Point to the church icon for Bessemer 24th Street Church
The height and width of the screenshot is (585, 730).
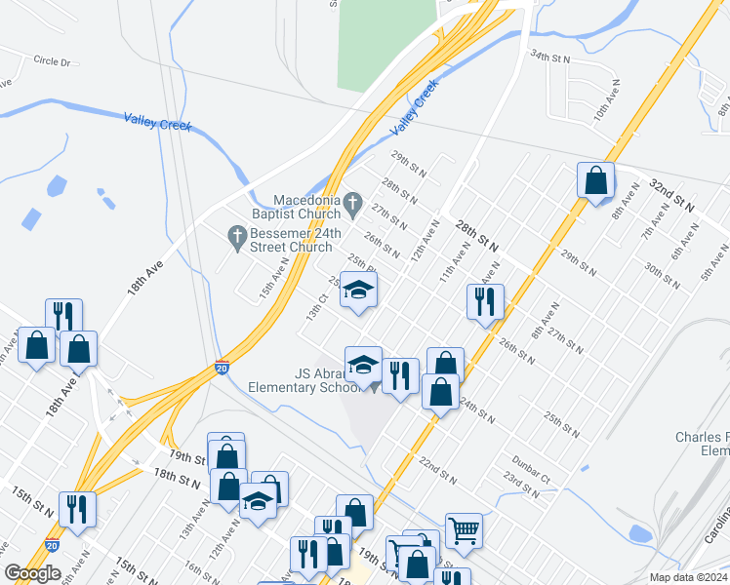(x=235, y=235)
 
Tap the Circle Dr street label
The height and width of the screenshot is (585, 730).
(x=53, y=61)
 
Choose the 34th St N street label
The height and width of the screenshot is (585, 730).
(x=548, y=58)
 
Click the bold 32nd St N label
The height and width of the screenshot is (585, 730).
(x=671, y=195)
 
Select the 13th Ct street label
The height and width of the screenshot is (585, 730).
(x=315, y=308)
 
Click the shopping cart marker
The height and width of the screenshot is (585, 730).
(x=464, y=530)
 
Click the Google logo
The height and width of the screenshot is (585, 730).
(x=32, y=573)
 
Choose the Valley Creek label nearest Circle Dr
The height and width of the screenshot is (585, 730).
(x=158, y=122)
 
